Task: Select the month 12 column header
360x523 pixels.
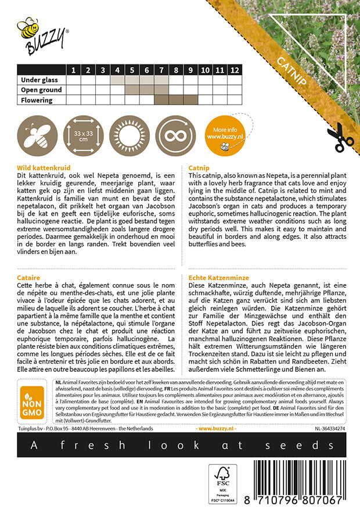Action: click(x=234, y=70)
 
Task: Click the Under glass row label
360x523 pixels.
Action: click(x=39, y=80)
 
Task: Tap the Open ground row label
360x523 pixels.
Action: click(x=41, y=90)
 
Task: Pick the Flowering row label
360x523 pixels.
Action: click(x=37, y=100)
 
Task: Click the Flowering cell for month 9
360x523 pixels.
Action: click(x=190, y=100)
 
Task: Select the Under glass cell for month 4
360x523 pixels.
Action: click(x=117, y=80)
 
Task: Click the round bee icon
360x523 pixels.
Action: click(x=37, y=136)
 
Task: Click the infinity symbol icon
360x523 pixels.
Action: click(x=175, y=136)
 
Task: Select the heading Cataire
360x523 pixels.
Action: click(x=30, y=278)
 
